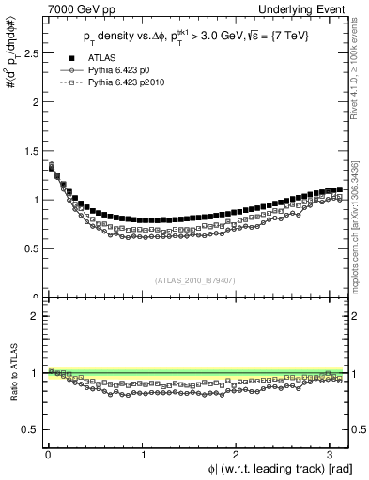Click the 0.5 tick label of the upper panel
29,249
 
